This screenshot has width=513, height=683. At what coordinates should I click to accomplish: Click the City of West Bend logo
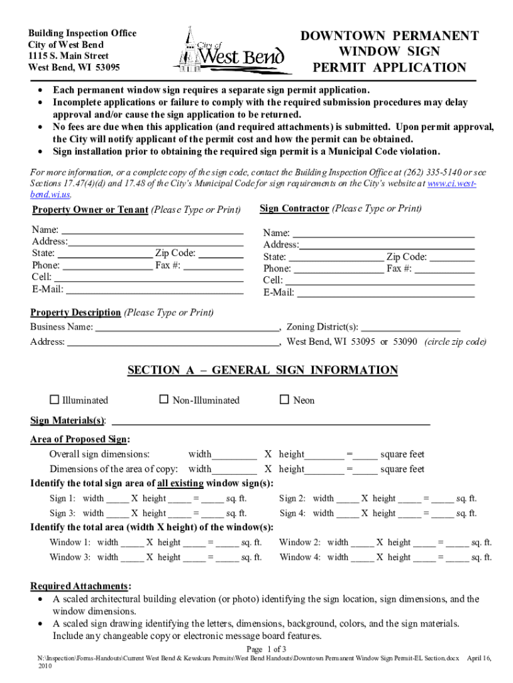[232, 51]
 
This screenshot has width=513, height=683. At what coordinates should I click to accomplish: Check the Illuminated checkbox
[55, 400]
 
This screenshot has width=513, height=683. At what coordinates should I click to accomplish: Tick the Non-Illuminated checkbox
[164, 400]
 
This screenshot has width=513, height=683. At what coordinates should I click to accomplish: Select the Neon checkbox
[284, 400]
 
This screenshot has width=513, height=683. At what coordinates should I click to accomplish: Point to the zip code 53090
[404, 341]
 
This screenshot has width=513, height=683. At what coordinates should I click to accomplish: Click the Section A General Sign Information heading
[262, 370]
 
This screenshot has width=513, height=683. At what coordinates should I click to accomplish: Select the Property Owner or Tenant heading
[90, 210]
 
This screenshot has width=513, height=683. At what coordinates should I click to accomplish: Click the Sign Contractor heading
[294, 209]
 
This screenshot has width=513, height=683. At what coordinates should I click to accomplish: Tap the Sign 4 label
[292, 513]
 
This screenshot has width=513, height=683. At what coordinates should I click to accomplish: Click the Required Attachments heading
[80, 586]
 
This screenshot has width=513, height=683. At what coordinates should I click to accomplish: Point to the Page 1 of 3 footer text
[266, 649]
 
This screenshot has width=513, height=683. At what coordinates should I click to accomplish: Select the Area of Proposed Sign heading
[80, 439]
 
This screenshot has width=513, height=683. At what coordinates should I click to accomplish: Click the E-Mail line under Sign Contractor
[384, 293]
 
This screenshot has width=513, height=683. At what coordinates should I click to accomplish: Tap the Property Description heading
[75, 312]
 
